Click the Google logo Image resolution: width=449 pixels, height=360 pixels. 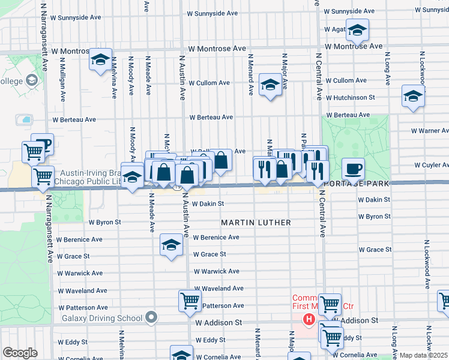[19, 353]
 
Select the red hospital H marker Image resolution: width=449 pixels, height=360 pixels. [309, 320]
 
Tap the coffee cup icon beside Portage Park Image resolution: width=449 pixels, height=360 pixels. [353, 169]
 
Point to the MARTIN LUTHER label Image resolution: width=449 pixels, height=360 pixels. [256, 223]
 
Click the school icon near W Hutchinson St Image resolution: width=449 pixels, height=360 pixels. [413, 96]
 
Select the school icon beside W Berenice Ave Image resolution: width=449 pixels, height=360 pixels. [171, 245]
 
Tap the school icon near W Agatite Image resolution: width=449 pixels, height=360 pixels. [357, 30]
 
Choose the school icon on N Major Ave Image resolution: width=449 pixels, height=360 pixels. [270, 85]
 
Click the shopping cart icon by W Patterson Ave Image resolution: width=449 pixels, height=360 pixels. [190, 301]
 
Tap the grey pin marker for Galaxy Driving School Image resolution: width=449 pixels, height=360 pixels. [151, 317]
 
